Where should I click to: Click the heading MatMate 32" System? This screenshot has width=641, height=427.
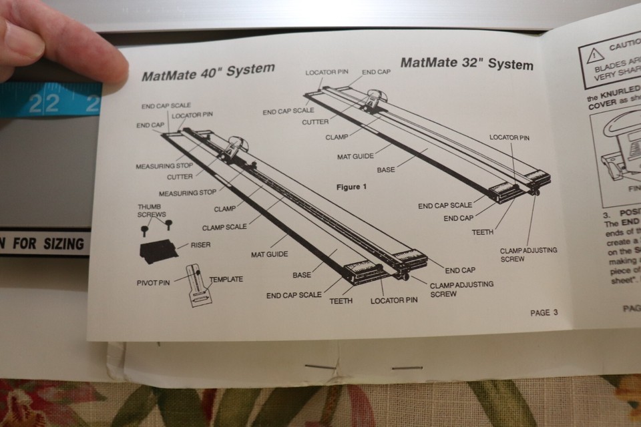467,64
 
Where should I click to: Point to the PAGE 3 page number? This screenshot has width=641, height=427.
544,312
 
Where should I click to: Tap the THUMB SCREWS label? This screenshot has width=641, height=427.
152,211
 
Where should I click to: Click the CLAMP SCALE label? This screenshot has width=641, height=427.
224,227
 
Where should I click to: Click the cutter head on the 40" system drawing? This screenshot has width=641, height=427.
233,148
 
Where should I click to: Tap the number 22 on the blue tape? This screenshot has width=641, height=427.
43,103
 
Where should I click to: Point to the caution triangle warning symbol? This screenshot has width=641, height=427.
595,56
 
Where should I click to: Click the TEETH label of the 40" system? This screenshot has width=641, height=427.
341,301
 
